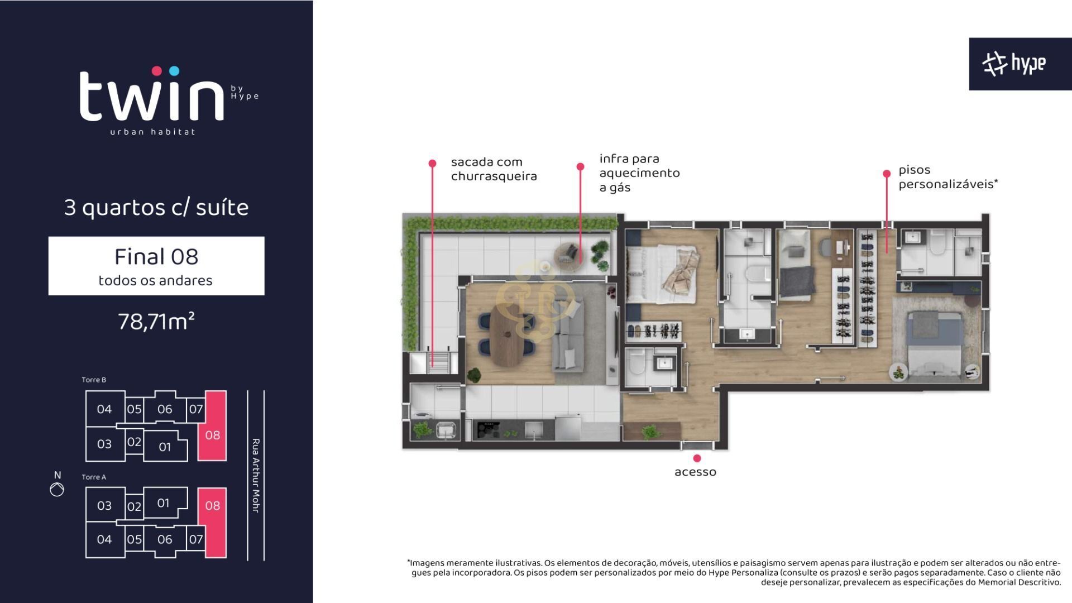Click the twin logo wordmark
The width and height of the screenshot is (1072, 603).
tap(152, 94)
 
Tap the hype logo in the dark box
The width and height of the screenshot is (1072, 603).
tap(1014, 64)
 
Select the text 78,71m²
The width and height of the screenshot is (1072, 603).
tap(156, 322)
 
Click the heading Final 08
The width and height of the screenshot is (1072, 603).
tap(156, 257)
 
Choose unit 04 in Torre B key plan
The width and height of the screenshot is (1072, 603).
tap(104, 409)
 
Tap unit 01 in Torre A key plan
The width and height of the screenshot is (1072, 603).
tap(163, 503)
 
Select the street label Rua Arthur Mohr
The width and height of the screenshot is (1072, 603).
tap(256, 476)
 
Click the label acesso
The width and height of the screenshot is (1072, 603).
tap(695, 472)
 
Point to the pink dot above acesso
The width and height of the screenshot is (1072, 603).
tap(697, 458)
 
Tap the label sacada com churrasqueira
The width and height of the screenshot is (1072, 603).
tap(494, 169)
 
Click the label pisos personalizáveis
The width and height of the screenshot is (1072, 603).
tap(948, 177)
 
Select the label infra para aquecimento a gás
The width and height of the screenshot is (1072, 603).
tap(639, 173)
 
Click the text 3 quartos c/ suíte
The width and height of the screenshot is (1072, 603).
tap(156, 208)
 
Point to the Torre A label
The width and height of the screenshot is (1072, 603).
tap(94, 477)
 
